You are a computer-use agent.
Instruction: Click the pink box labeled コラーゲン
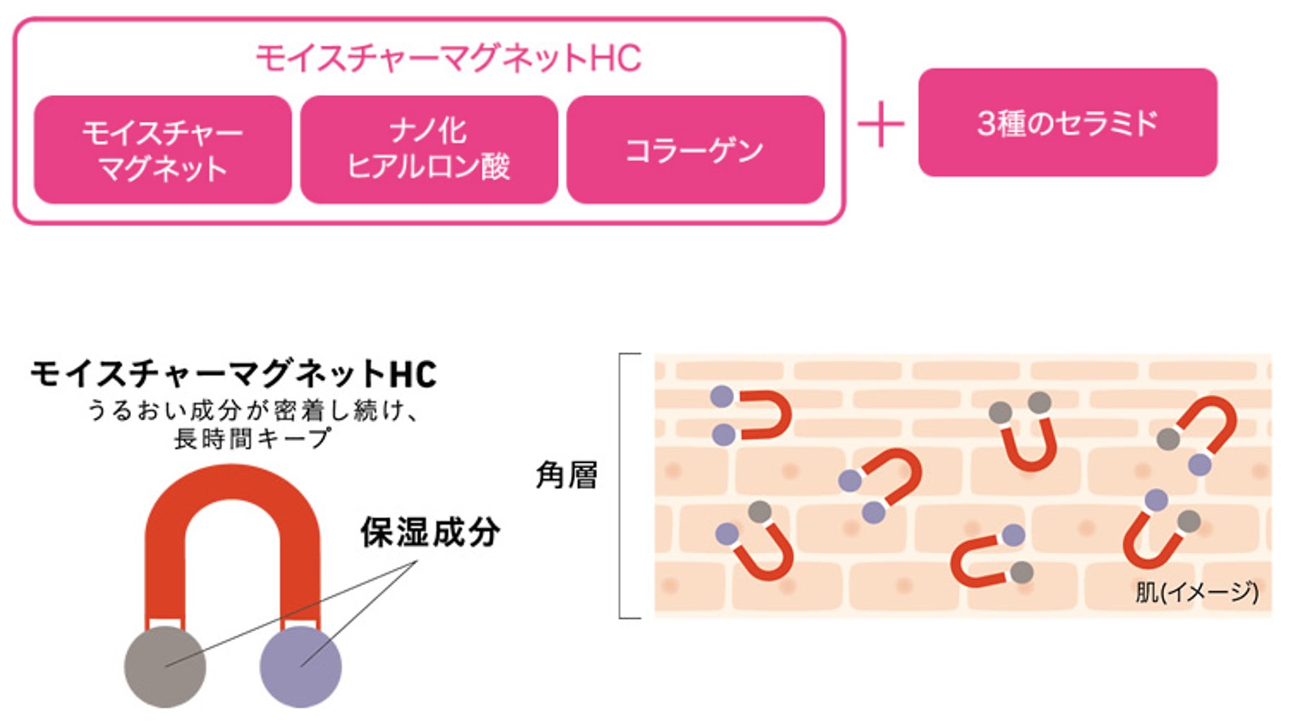[x=695, y=150]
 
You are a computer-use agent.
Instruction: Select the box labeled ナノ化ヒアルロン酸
[x=429, y=150]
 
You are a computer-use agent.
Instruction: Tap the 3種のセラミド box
[x=1067, y=122]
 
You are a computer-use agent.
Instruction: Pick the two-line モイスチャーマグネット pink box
[x=163, y=150]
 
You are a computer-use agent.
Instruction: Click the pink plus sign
[x=880, y=124]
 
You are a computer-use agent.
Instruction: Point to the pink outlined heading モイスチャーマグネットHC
[x=448, y=58]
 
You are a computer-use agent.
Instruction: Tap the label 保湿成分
[x=430, y=533]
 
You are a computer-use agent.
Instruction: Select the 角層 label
[x=567, y=475]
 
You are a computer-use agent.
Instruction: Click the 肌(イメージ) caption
[x=1197, y=592]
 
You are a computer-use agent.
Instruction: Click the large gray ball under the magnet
[x=165, y=667]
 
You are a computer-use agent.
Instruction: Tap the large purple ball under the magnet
[x=300, y=667]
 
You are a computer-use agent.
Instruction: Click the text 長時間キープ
[x=252, y=438]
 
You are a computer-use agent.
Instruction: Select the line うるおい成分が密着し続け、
[x=252, y=410]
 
